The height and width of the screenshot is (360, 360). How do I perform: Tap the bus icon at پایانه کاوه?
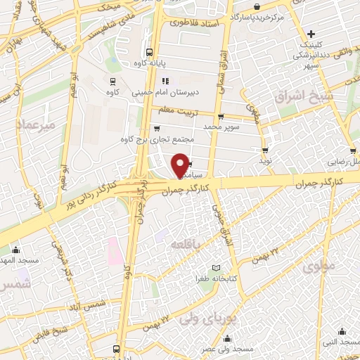(x=149, y=52)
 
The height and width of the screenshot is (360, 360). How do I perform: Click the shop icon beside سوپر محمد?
(x=221, y=117)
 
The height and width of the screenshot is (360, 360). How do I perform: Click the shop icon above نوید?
(x=265, y=150)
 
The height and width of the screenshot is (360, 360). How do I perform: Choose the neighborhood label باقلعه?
(x=188, y=243)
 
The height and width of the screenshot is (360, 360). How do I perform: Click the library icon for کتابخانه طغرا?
(x=216, y=268)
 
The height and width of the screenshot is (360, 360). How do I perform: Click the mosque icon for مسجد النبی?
(x=342, y=332)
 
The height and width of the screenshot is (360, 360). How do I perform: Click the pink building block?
(x=113, y=249)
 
